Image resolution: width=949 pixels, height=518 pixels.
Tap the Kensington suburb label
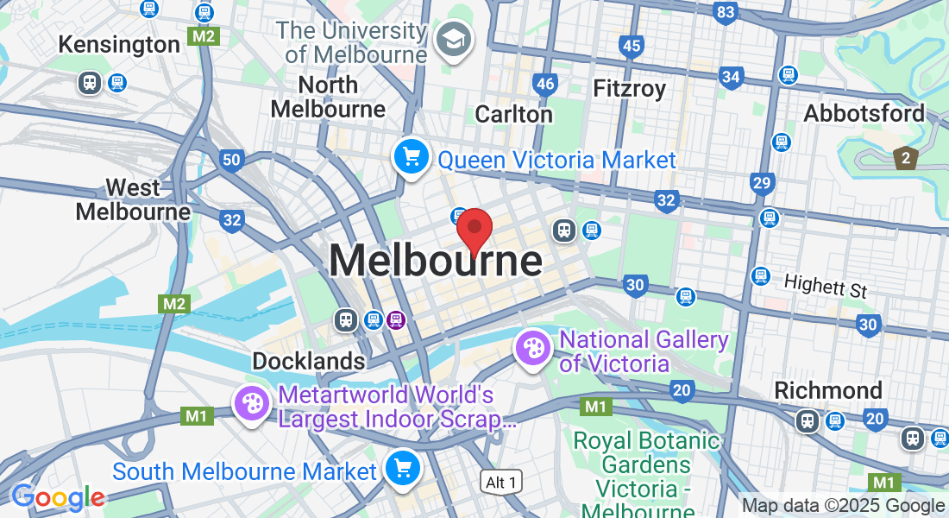[x=119, y=44]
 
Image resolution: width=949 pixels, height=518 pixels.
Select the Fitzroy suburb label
[x=629, y=88]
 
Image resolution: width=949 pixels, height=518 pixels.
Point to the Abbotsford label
[x=864, y=113]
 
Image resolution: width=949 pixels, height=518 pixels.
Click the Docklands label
[x=308, y=361]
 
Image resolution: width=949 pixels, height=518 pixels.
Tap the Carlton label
[x=513, y=113]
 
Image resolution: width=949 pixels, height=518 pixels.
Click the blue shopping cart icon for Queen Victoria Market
[x=412, y=157]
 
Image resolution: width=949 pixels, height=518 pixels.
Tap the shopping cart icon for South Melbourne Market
[x=402, y=468]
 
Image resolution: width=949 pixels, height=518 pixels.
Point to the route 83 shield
[x=726, y=12]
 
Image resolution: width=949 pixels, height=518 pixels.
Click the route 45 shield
[x=632, y=46]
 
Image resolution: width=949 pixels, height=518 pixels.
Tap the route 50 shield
[x=230, y=160]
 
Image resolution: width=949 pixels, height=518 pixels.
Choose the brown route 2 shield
[x=905, y=158]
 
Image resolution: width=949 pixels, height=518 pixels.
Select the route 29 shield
[x=761, y=182]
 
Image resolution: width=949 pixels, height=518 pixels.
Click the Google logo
[x=57, y=497]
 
